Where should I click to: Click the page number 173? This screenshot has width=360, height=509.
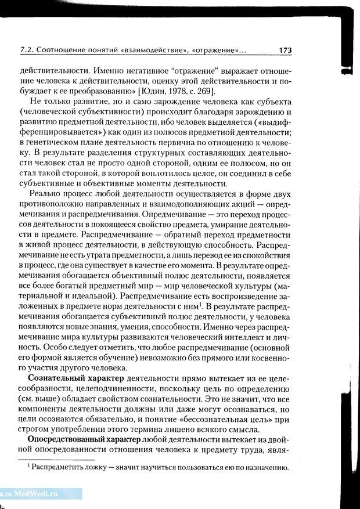click(x=285, y=51)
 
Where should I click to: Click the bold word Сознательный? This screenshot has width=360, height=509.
click(x=56, y=378)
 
